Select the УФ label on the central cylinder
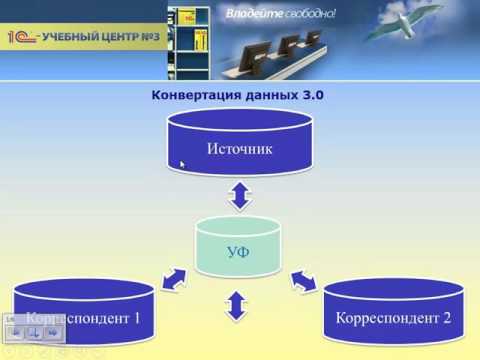[238, 251]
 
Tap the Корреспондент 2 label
[393, 319]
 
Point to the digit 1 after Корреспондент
[136, 319]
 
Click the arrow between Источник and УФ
[238, 194]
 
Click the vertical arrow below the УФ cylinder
[238, 304]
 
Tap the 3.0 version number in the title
[311, 96]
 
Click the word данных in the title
[264, 96]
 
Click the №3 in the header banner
[152, 38]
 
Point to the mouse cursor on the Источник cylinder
[183, 163]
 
